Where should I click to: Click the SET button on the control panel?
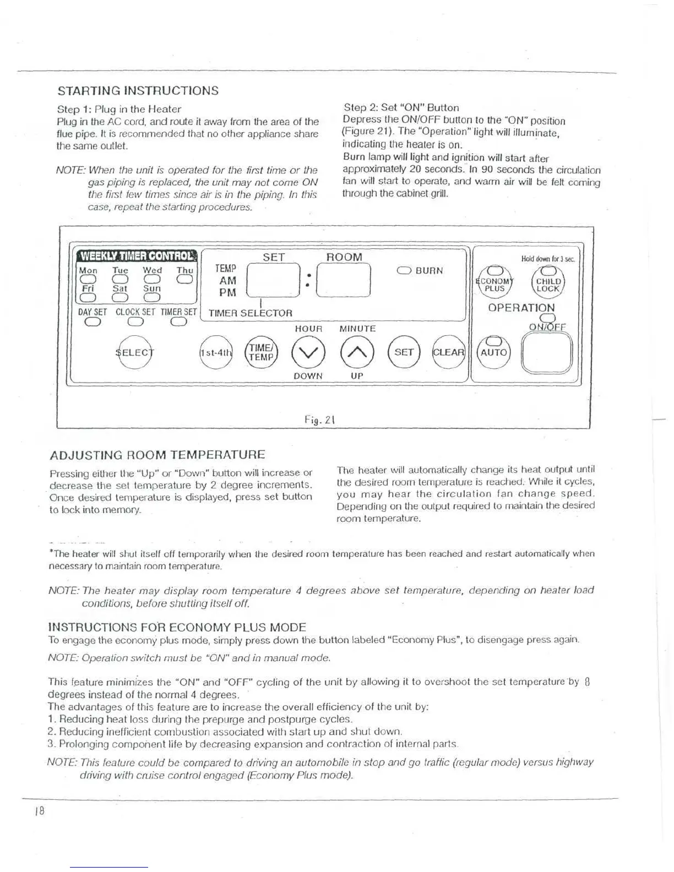tap(404, 352)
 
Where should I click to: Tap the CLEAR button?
tap(448, 352)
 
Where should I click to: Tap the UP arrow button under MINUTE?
tap(357, 352)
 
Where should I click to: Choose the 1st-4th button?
tap(215, 352)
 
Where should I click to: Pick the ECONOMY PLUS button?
tap(494, 282)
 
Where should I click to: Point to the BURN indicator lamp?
tap(404, 270)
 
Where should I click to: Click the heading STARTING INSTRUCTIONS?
tap(138, 91)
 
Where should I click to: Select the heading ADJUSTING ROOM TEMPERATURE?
tap(157, 455)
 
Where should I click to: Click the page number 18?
tap(39, 811)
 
